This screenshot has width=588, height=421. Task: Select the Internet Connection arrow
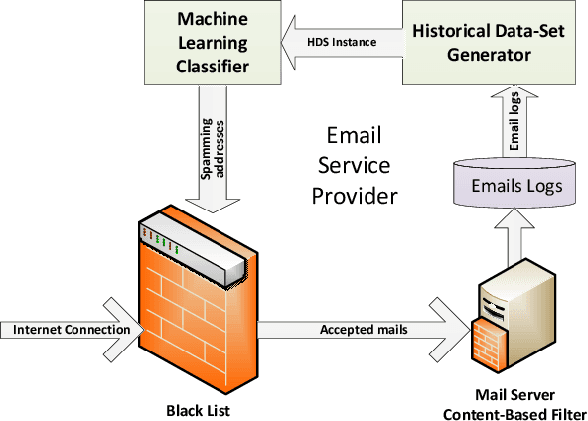point(70,329)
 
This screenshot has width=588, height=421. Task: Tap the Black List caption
point(197,408)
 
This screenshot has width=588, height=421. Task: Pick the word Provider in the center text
point(355,197)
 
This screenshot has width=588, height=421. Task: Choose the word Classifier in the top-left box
point(212,67)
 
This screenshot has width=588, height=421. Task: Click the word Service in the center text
point(355,166)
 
